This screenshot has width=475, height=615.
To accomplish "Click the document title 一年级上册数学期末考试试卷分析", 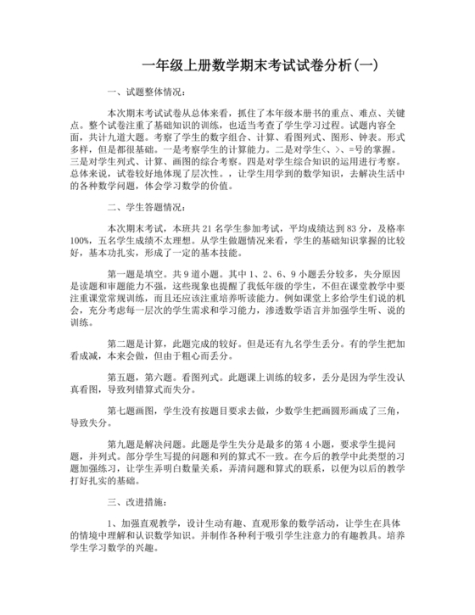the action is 246,65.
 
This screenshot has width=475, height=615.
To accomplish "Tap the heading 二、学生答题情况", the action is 145,206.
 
